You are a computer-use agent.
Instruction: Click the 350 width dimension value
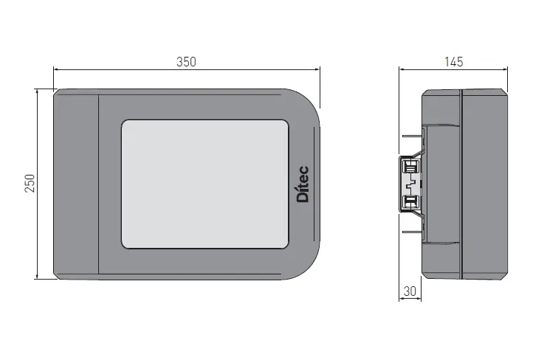[187, 62]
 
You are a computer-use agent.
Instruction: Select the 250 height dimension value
[30, 184]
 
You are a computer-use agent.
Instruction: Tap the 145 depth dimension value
[455, 62]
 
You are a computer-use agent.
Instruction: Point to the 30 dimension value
[410, 291]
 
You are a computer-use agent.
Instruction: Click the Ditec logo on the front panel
[303, 185]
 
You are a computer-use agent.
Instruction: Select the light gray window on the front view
[204, 184]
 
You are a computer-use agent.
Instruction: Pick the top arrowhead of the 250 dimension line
[37, 91]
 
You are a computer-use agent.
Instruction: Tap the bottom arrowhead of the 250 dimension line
[37, 277]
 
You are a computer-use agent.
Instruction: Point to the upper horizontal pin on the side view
[410, 136]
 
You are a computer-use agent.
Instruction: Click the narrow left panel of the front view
[76, 184]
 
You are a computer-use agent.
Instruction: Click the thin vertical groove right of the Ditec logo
[315, 184]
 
